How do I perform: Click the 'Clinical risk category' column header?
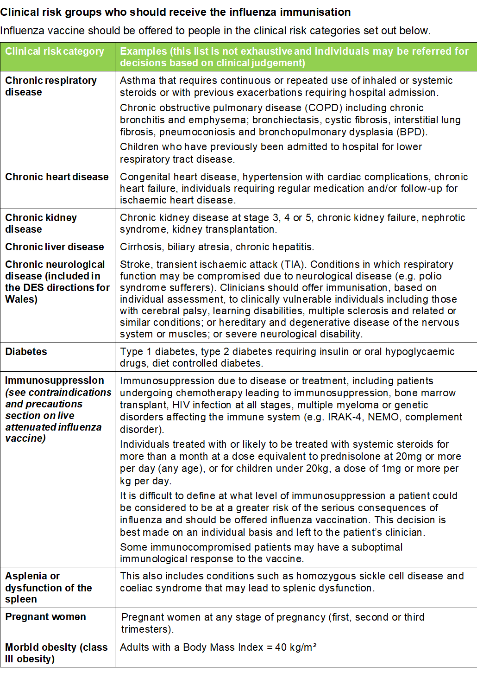click(55, 51)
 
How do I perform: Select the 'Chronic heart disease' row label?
click(57, 177)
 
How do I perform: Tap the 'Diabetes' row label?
click(26, 352)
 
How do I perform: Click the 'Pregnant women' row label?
click(45, 617)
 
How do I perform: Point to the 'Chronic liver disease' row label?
click(55, 247)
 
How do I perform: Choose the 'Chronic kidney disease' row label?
click(41, 223)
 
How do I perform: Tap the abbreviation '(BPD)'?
click(412, 132)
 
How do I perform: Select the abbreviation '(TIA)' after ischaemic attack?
click(294, 265)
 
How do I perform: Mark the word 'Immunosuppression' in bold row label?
click(55, 381)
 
